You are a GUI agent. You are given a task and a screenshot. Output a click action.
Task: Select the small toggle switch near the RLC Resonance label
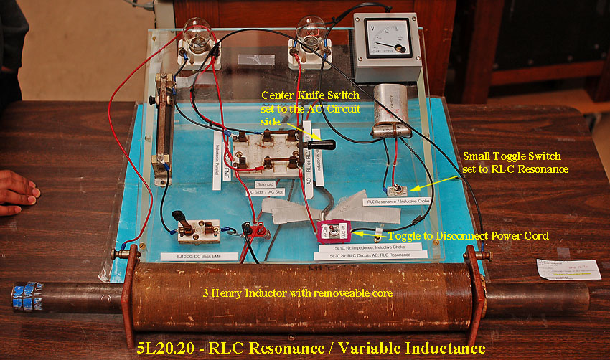point(394,190)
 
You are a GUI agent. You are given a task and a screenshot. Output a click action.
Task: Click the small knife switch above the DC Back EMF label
point(197,229)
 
